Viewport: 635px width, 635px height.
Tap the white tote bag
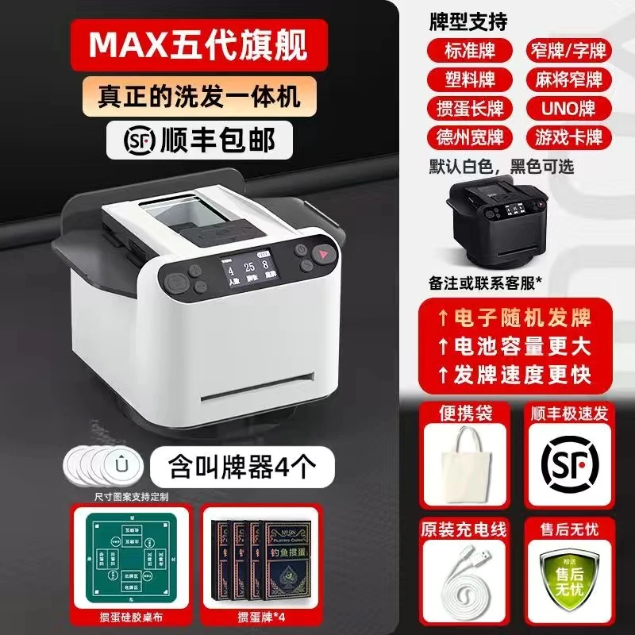(468, 460)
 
